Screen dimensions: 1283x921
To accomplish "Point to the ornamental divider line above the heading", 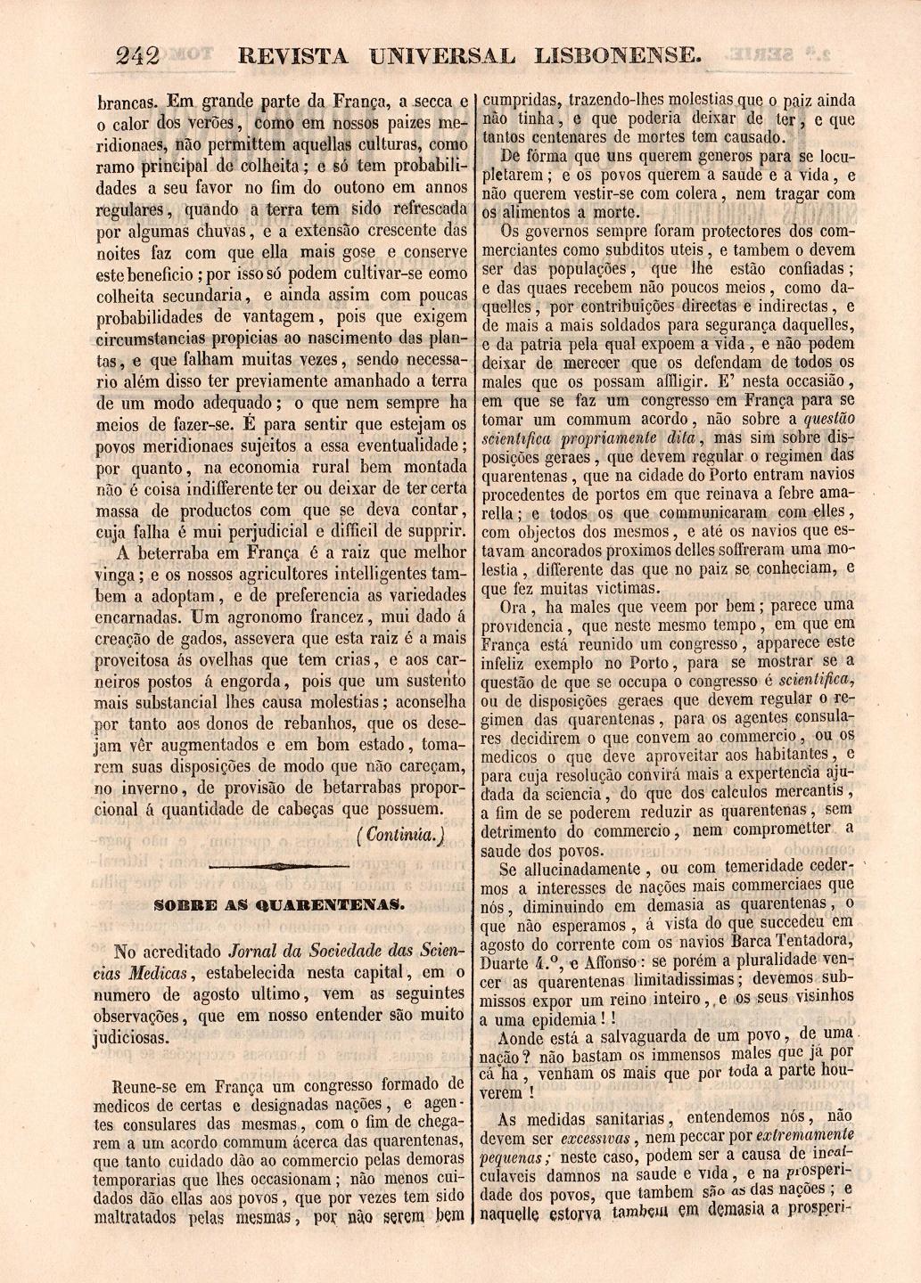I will pyautogui.click(x=280, y=865).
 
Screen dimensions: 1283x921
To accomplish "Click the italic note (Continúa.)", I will pyautogui.click(x=399, y=835).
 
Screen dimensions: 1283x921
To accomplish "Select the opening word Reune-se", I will pyautogui.click(x=147, y=1086).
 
